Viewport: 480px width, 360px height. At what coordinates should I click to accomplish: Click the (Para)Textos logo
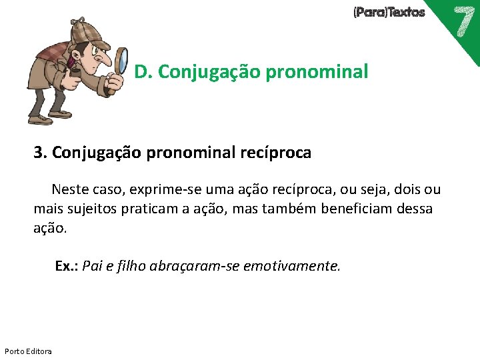389,12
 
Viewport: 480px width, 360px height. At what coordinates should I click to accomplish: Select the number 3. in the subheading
40,153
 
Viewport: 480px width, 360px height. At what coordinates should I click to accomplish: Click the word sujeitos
93,209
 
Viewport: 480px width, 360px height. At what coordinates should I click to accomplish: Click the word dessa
414,209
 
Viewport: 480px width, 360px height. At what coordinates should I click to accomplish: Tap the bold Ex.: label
67,267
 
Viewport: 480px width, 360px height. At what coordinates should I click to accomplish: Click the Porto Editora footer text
28,351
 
